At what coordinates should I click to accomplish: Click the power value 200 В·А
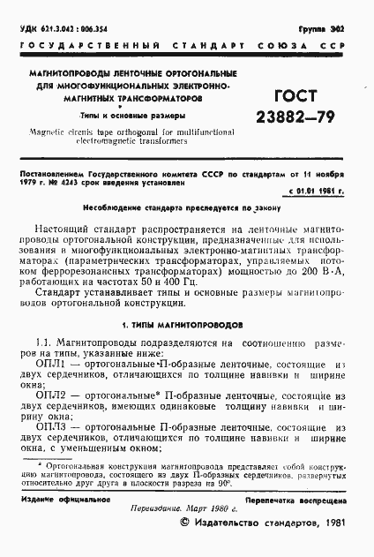click(318, 275)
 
